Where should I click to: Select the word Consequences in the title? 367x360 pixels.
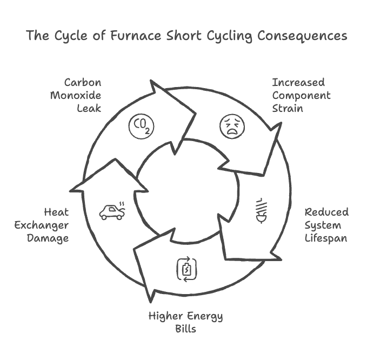(302, 37)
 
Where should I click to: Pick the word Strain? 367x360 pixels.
(288, 108)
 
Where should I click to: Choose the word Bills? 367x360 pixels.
(185, 329)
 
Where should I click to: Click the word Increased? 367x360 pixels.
(298, 83)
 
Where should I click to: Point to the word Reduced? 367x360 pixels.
(326, 211)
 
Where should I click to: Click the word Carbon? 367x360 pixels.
(83, 83)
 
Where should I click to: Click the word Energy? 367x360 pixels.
(205, 316)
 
